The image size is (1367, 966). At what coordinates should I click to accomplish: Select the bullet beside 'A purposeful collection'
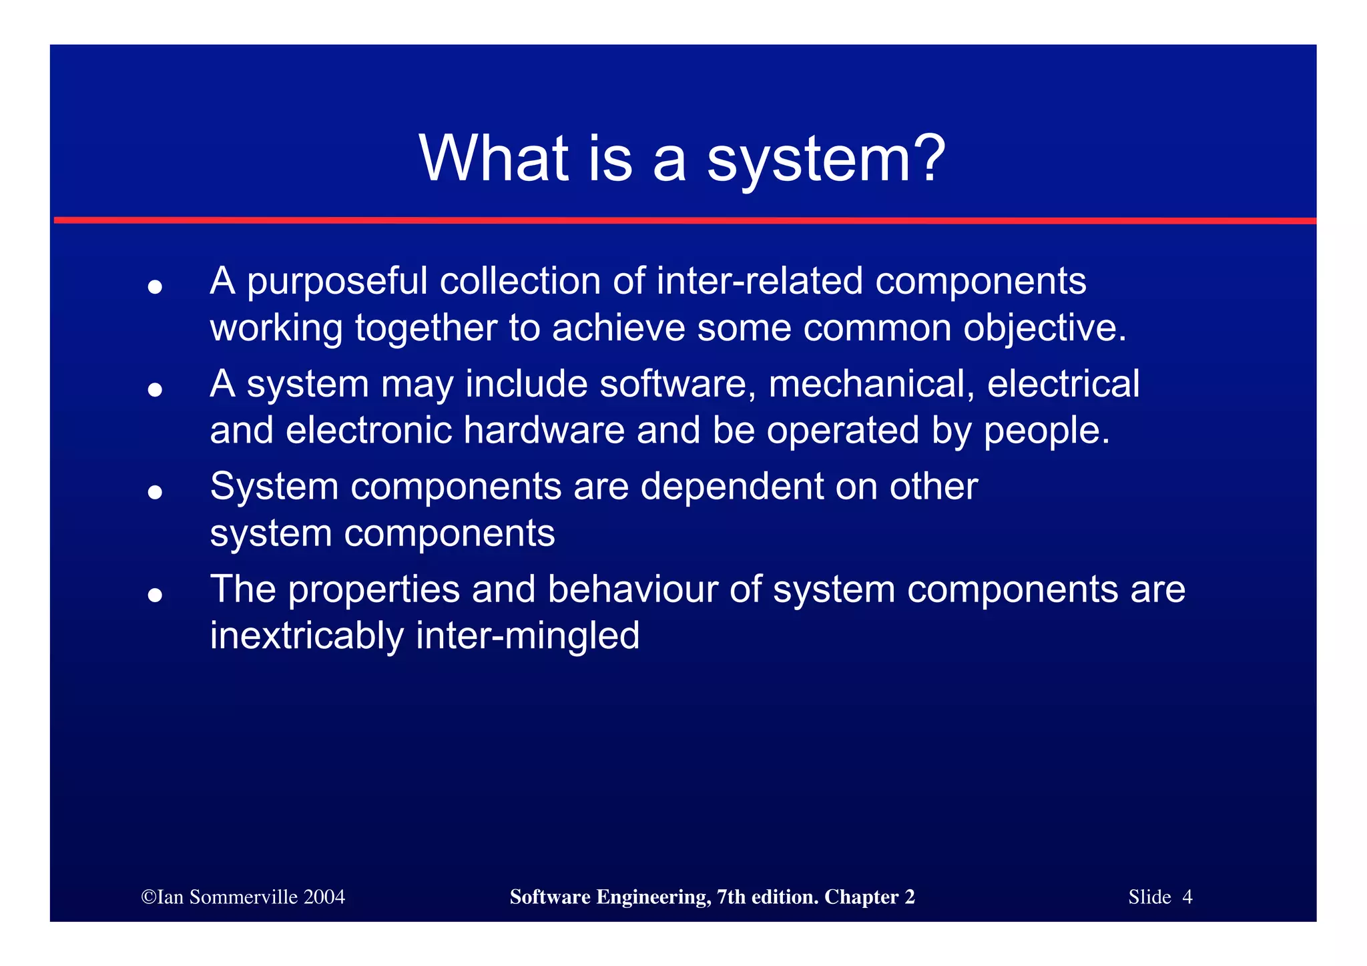155,287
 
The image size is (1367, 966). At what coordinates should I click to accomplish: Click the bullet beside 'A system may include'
155,389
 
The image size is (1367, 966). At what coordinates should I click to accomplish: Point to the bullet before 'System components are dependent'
155,492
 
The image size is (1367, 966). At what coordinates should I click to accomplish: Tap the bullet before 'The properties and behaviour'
155,594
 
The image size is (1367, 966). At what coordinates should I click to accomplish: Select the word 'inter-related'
760,280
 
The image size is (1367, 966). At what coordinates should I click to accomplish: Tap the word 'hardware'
544,431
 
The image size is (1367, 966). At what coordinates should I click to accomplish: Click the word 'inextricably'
307,637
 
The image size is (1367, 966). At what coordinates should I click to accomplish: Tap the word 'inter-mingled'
527,637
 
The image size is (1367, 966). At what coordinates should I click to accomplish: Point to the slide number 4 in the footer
1187,897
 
